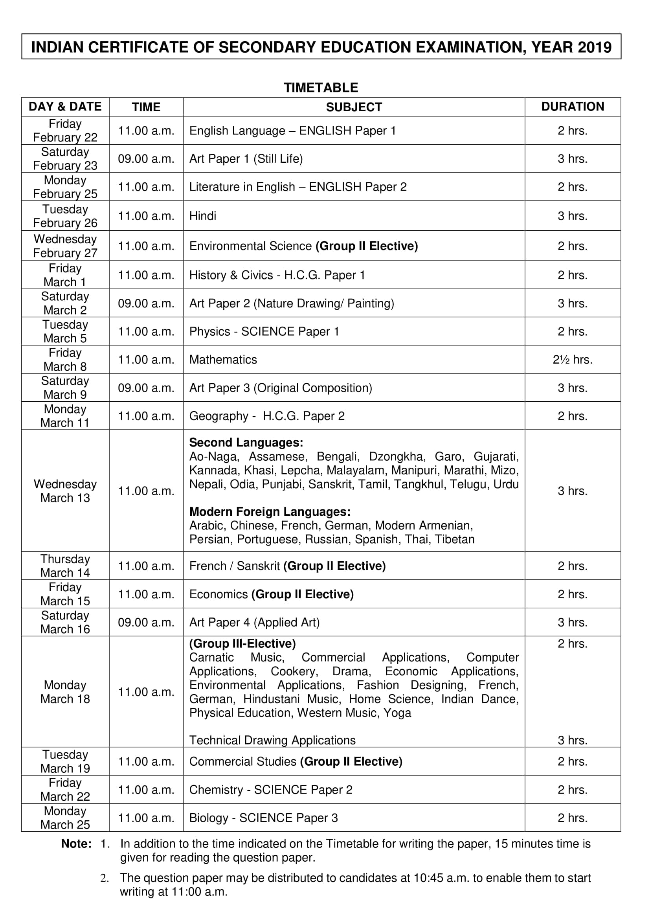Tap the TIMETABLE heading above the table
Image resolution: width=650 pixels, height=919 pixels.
321,88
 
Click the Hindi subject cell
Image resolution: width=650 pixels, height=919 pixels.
202,216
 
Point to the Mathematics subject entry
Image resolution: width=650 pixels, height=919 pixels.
223,359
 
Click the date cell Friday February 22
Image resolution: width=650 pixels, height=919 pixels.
65,130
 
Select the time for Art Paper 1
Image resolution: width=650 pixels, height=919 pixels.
146,159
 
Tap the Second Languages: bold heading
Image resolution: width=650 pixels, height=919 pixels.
246,442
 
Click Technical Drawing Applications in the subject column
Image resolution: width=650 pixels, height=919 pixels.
272,740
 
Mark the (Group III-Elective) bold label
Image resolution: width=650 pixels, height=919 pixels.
242,643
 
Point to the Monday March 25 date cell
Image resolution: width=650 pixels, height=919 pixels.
65,817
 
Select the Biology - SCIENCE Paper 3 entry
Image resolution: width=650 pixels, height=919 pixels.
263,817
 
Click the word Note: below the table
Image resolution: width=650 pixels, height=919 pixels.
76,844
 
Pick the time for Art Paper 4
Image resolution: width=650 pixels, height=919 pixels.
146,622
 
